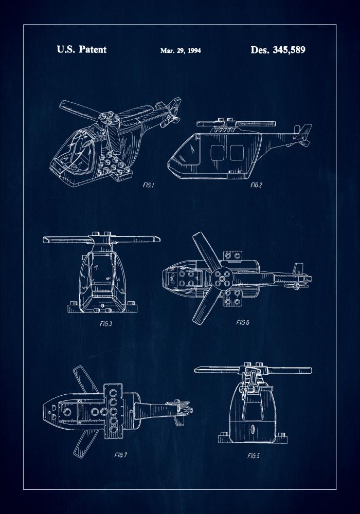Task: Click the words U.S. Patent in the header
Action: click(x=81, y=50)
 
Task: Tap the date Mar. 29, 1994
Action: click(x=181, y=51)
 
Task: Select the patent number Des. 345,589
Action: click(x=278, y=50)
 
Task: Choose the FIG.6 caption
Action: click(x=243, y=322)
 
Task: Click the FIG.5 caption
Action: click(x=254, y=455)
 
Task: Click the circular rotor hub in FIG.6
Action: click(x=222, y=281)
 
